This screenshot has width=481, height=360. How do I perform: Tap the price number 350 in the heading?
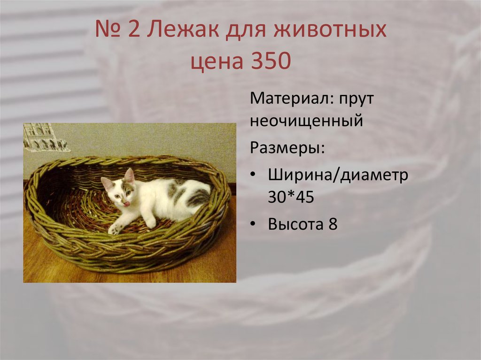click(264, 62)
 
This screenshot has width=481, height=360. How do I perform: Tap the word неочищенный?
click(306, 121)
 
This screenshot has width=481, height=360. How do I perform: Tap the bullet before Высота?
click(253, 224)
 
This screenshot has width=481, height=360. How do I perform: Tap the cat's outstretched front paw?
click(114, 230)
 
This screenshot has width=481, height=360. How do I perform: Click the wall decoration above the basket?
click(45, 137)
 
